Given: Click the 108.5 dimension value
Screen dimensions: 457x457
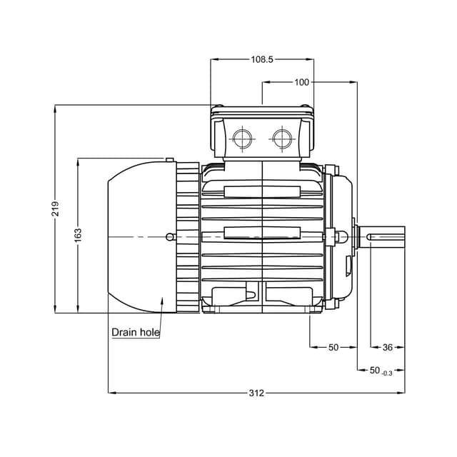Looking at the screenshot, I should click(261, 60).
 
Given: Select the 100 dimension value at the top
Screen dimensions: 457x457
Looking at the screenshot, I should click(302, 82).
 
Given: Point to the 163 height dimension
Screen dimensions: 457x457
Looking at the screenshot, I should click(78, 235).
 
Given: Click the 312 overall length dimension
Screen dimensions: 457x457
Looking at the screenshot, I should click(256, 393).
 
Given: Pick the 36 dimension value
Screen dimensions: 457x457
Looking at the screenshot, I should click(388, 347).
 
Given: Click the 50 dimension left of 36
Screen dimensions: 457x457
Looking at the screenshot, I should click(333, 347).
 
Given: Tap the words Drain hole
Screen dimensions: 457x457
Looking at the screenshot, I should click(136, 333).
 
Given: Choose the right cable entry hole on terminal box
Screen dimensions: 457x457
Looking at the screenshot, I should click(282, 137).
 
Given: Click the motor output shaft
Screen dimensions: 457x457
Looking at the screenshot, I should click(386, 236).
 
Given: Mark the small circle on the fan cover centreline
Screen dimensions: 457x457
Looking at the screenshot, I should click(169, 237).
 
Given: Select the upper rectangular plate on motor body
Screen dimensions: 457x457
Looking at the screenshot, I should click(262, 191).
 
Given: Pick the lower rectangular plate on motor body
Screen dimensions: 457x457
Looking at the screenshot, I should click(262, 233).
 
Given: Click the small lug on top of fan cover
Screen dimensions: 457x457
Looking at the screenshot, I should click(169, 160).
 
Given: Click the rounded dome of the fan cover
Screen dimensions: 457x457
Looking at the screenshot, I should click(136, 237).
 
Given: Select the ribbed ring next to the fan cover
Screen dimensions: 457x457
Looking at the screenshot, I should click(188, 237).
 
